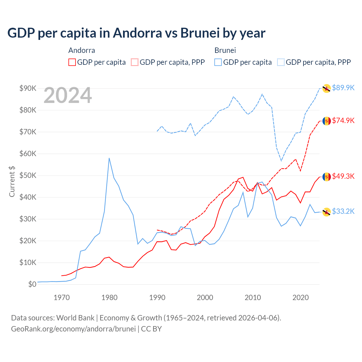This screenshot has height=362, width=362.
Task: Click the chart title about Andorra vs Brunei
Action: click(136, 33)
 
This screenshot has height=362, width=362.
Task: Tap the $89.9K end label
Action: click(343, 88)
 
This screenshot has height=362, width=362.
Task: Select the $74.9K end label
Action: click(343, 120)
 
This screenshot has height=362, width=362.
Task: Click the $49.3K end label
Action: click(343, 176)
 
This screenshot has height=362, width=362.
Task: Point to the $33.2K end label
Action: click(343, 211)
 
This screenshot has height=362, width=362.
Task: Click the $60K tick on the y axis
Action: click(28, 154)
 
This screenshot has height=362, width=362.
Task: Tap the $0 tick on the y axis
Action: click(32, 284)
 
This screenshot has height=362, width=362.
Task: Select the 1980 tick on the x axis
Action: click(109, 298)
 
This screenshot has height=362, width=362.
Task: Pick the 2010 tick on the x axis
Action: click(253, 298)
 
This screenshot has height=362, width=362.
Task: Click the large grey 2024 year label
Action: click(68, 95)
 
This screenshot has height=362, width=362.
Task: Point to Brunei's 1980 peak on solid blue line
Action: click(109, 158)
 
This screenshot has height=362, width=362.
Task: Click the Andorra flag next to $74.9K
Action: click(327, 121)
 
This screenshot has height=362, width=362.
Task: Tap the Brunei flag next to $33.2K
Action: click(327, 212)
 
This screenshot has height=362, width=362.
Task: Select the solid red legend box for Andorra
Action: click(72, 62)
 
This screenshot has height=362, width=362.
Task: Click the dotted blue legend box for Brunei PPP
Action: click(281, 62)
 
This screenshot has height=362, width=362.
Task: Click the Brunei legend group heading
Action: click(225, 50)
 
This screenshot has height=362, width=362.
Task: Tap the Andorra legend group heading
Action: click(82, 50)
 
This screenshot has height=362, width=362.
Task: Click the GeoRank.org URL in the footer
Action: click(73, 329)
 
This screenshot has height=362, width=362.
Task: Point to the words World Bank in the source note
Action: click(75, 318)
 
